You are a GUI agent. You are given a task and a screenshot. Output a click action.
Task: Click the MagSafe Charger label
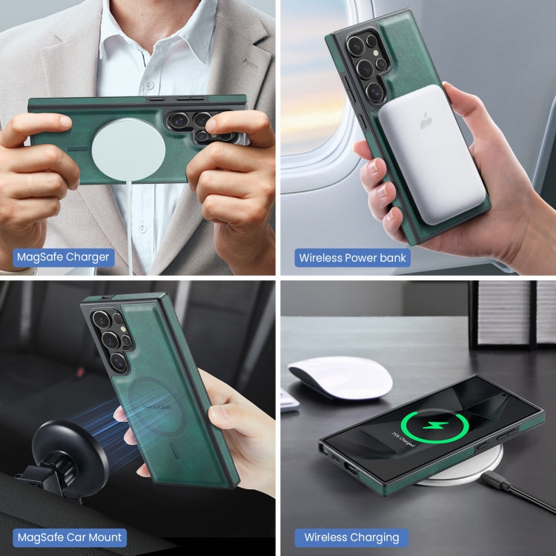(x=63, y=257)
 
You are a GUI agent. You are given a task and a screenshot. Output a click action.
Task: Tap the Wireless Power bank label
(x=352, y=257)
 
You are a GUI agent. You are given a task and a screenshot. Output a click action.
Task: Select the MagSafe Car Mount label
(x=69, y=537)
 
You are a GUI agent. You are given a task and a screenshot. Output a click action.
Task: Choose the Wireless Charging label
(x=351, y=537)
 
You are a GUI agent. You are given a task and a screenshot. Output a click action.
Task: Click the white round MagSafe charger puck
(x=128, y=150)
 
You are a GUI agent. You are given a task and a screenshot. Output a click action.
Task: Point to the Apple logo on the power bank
(x=427, y=121)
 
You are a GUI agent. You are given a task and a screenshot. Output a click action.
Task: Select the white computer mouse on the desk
(x=340, y=377)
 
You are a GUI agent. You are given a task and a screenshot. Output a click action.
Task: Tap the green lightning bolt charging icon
(x=434, y=428)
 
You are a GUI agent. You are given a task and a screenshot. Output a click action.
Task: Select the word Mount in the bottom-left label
(x=102, y=537)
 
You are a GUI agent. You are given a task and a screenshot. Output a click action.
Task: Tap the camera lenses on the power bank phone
(x=365, y=64)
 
